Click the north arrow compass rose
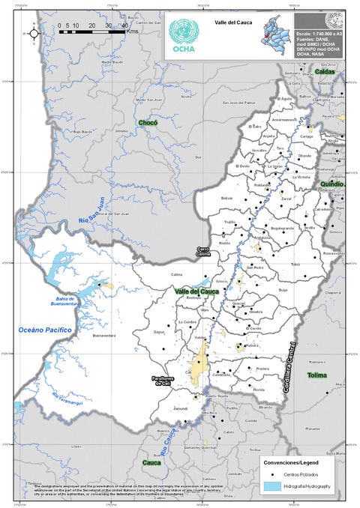pos(33,33)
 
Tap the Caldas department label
pos(325,71)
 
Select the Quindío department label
pos(331,184)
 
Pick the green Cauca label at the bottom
pos(151,463)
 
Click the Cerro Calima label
pos(202,252)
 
